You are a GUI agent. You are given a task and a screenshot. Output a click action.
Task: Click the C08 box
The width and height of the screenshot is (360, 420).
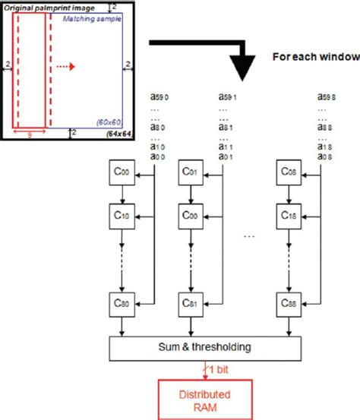[x=290, y=174]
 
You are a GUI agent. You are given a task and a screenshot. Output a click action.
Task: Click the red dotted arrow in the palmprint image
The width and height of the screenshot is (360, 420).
[x=67, y=65]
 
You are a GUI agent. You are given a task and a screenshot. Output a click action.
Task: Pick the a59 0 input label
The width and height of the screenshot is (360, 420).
[x=143, y=98]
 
